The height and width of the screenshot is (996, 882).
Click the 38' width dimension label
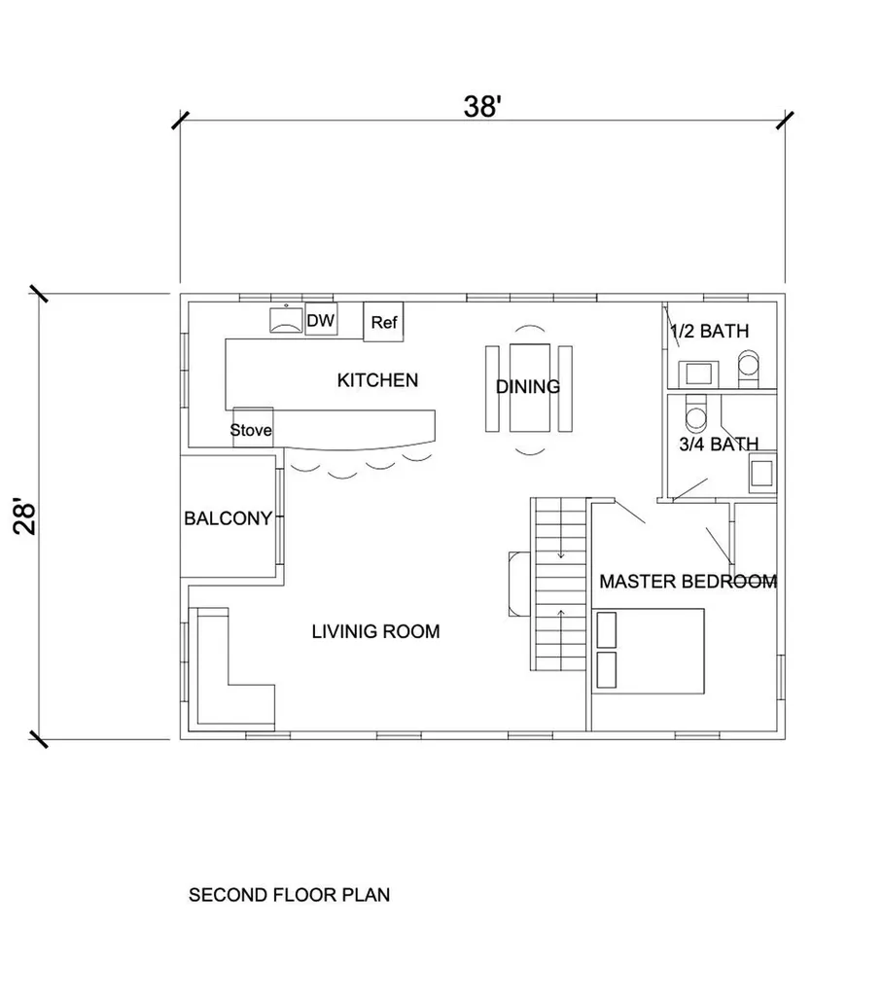(482, 106)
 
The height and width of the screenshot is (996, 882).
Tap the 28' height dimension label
(26, 518)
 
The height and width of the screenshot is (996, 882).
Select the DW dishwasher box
(321, 319)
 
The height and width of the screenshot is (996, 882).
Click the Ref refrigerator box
(383, 321)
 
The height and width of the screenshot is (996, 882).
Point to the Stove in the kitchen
(252, 428)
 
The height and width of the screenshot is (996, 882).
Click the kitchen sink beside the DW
(286, 319)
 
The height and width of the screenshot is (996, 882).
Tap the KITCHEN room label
(377, 380)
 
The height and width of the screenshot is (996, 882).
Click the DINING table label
(528, 386)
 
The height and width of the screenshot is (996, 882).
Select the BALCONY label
(228, 518)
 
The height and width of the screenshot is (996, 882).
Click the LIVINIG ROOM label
(376, 631)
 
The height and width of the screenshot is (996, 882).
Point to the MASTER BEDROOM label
(688, 582)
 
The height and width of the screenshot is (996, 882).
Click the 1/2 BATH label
(710, 331)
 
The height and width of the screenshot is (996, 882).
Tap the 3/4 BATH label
(719, 444)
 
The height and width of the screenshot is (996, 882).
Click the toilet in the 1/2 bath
(749, 369)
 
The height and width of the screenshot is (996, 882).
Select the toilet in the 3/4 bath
(696, 414)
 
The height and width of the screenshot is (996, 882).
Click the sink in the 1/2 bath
(698, 373)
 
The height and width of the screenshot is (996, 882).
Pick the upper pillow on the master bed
(607, 629)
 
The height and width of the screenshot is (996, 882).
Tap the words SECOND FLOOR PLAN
(289, 895)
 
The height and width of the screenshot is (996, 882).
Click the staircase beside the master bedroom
(559, 584)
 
